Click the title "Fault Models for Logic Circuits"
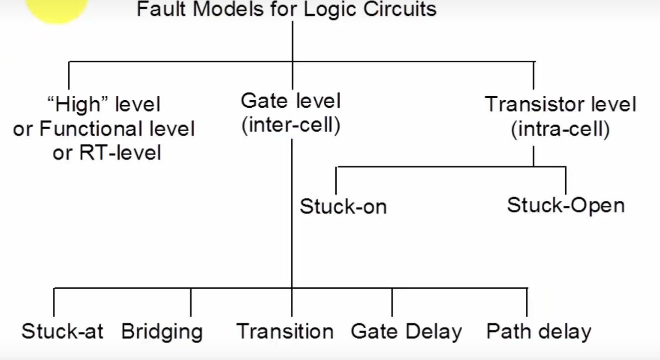pyautogui.click(x=286, y=9)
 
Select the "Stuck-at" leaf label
pyautogui.click(x=62, y=332)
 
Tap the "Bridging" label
pyautogui.click(x=162, y=332)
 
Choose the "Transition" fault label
pyautogui.click(x=285, y=332)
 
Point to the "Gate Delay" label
pyautogui.click(x=407, y=332)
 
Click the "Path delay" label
pyautogui.click(x=539, y=332)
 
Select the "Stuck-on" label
pyautogui.click(x=343, y=206)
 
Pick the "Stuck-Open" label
pyautogui.click(x=566, y=205)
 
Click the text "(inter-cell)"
pyautogui.click(x=291, y=126)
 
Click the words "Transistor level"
pyautogui.click(x=560, y=105)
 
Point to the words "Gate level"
pyautogui.click(x=291, y=101)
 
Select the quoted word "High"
pyautogui.click(x=78, y=105)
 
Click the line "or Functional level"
pyautogui.click(x=104, y=129)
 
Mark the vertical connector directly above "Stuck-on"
pyautogui.click(x=336, y=180)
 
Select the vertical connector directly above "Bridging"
pyautogui.click(x=191, y=302)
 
